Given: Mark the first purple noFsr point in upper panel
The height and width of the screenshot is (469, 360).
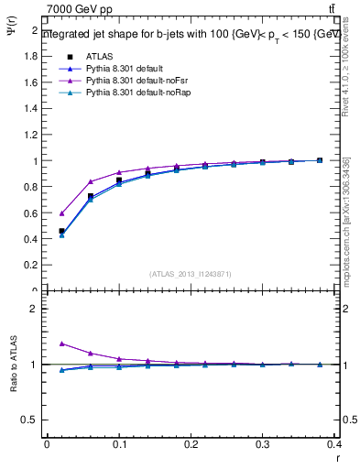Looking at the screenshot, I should tap(61, 213).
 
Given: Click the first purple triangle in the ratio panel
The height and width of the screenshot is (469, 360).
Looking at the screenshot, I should tap(61, 344).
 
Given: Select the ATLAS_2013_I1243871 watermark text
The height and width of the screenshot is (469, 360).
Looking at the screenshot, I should tap(190, 274).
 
